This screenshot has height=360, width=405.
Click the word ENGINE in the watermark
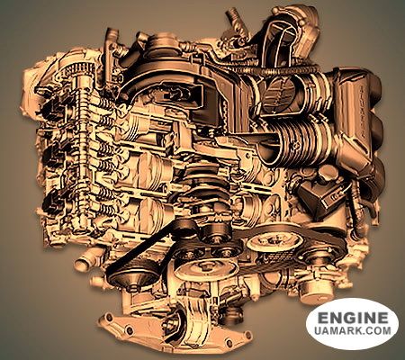pyautogui.click(x=353, y=318)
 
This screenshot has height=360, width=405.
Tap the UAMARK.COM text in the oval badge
pyautogui.click(x=353, y=330)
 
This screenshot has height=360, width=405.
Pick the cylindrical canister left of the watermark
pyautogui.click(x=315, y=289)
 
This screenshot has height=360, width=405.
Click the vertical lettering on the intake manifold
pyautogui.click(x=363, y=111)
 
